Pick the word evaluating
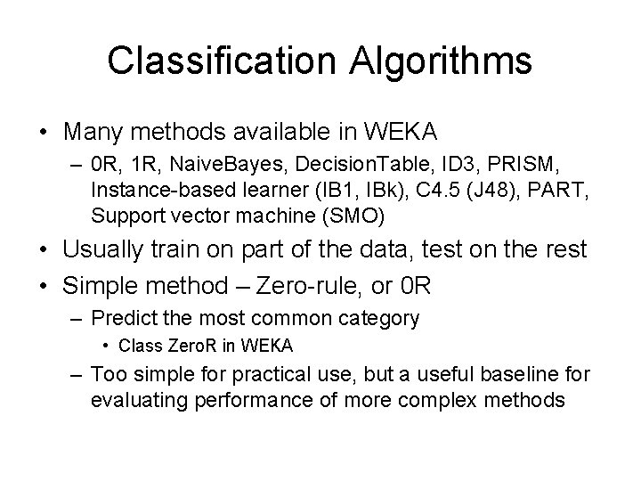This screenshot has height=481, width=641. click(134, 400)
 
